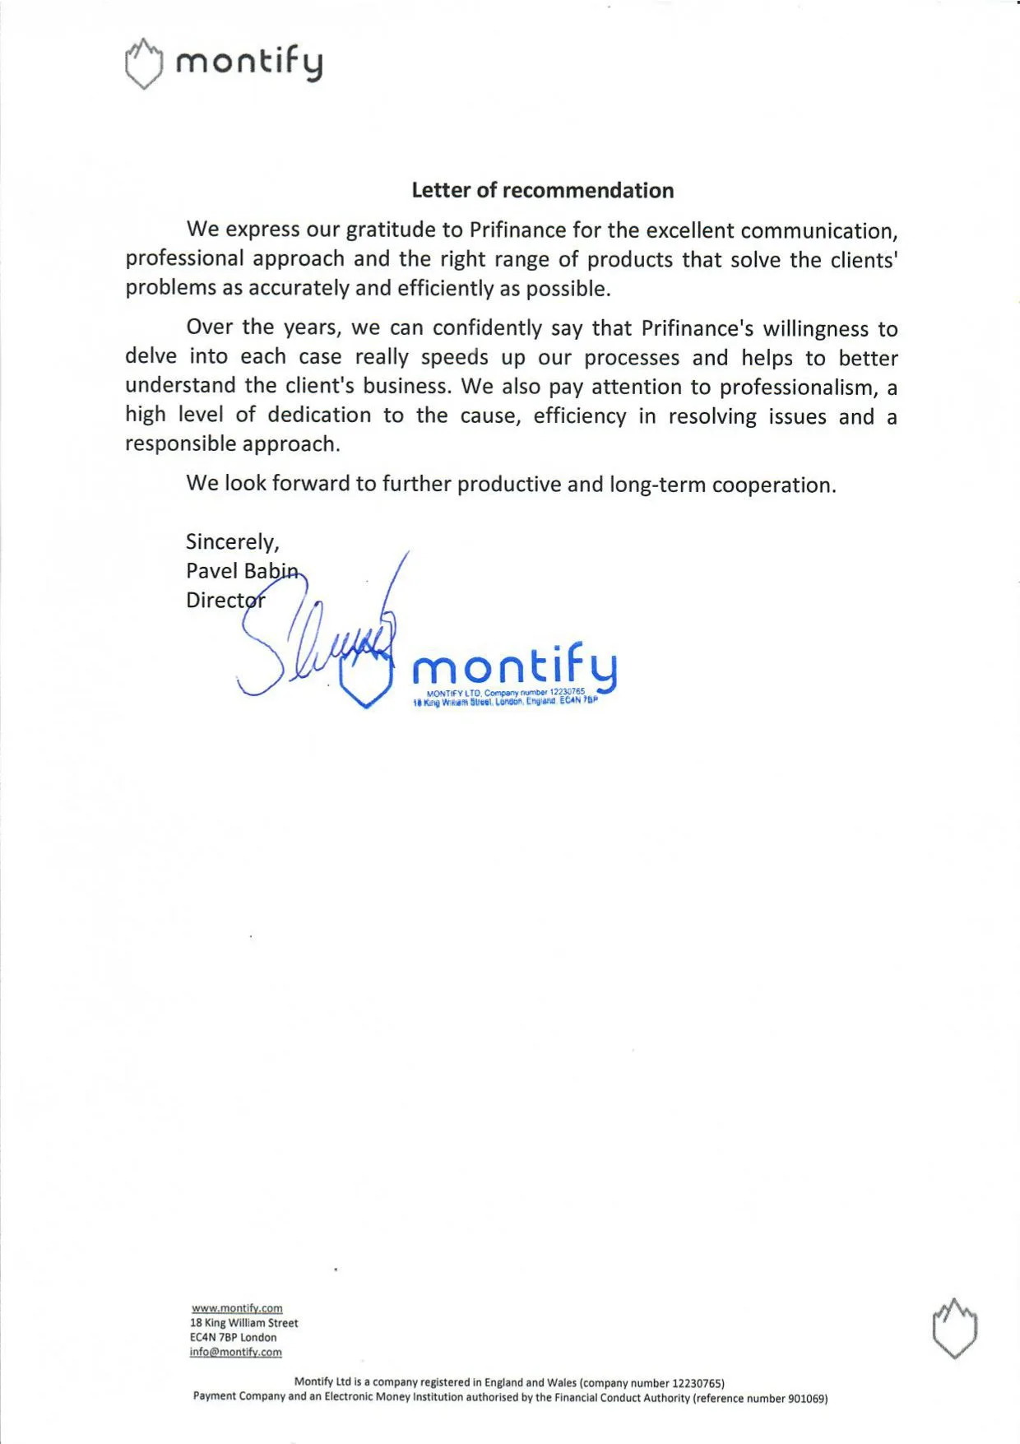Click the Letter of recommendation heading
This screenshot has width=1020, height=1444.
[542, 191]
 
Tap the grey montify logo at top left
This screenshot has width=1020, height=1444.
[224, 63]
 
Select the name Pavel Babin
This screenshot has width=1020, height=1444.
[242, 571]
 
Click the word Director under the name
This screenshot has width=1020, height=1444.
[225, 601]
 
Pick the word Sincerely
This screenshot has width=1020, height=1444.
[232, 542]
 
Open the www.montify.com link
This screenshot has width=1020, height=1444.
[237, 1308]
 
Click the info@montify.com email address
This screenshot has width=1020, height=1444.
[235, 1352]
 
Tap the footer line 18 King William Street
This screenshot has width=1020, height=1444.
[243, 1323]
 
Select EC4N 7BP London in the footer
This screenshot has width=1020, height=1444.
[233, 1338]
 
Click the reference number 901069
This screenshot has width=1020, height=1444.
[807, 1398]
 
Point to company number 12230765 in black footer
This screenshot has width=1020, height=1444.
[698, 1383]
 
